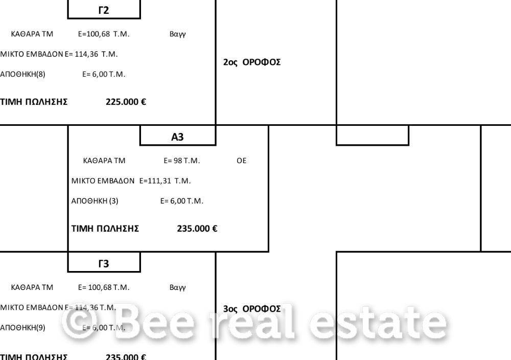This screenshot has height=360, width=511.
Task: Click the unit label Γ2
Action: coord(103,10)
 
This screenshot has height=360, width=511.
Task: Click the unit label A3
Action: coord(177,137)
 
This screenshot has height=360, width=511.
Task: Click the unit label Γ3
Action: coord(103,264)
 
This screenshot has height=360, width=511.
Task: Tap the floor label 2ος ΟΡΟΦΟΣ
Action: coord(252,62)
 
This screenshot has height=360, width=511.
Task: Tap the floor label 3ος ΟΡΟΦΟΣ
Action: coord(252,309)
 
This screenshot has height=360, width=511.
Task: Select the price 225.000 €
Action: coord(126,102)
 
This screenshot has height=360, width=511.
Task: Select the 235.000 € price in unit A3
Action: coord(197,229)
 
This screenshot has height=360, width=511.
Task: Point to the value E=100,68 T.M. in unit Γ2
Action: coord(104,34)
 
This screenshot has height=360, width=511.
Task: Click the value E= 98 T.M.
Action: coord(182,161)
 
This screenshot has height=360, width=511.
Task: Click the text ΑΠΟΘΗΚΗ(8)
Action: coord(22,74)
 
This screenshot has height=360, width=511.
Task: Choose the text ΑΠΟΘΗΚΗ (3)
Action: coord(95,201)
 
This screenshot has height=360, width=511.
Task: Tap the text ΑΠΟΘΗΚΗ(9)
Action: coord(22,328)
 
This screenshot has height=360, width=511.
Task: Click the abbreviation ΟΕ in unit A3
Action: coord(241,161)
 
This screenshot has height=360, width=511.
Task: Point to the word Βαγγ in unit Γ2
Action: coord(177,34)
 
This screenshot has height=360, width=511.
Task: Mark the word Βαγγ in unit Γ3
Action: coord(177,287)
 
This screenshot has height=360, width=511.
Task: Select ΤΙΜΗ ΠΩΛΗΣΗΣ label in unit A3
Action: coord(105,229)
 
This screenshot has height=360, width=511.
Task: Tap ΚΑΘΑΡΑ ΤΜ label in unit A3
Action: coord(104,161)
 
